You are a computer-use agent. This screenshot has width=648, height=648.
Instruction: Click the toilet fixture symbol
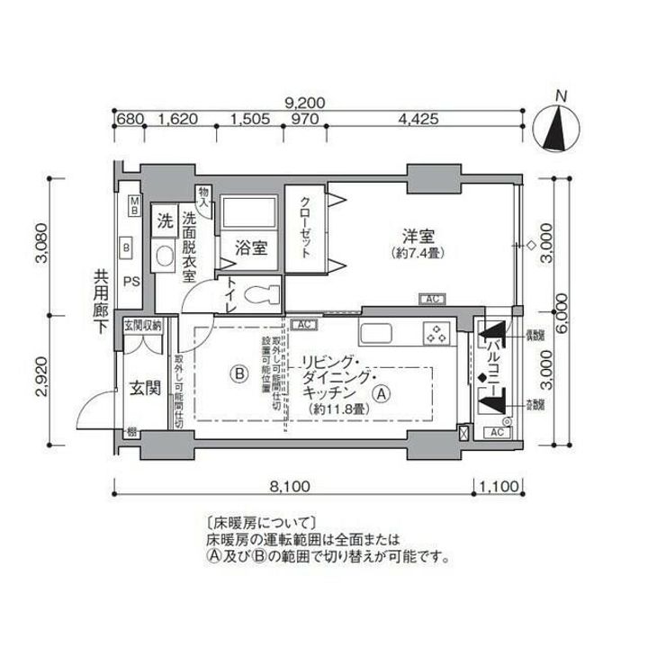click(x=261, y=292)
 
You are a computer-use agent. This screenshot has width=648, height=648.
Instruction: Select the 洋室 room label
click(x=418, y=237)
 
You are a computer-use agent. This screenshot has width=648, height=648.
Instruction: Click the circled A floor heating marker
click(x=382, y=392)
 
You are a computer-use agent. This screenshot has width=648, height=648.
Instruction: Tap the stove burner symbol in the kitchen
click(x=436, y=333)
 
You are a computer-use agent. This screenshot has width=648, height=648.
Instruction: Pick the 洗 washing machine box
click(x=166, y=219)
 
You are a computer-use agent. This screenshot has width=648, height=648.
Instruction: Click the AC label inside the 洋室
click(x=431, y=299)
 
